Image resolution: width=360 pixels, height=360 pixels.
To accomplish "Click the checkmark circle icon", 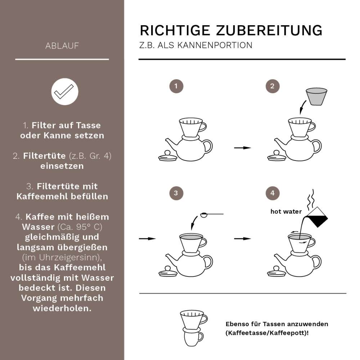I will tap(65, 91).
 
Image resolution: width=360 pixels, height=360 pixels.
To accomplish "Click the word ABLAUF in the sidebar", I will tap(62, 46).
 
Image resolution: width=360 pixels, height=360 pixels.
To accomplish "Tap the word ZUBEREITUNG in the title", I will tap(269, 30).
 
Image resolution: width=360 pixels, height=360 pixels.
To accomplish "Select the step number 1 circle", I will tap(176, 86).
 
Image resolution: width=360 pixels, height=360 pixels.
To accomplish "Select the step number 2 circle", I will tap(273, 86).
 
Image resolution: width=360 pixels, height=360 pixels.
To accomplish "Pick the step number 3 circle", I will tap(176, 193).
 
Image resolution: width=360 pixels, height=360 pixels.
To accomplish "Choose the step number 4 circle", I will tap(273, 193).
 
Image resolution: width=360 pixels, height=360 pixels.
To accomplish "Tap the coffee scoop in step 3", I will tap(211, 215).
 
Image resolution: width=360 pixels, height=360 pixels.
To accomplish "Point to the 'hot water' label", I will tap(286, 212).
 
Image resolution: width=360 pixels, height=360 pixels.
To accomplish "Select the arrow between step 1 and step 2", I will tap(242, 148).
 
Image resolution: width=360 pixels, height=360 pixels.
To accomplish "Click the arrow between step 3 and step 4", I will tap(242, 238).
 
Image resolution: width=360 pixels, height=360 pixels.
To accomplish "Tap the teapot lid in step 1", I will tap(168, 156).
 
